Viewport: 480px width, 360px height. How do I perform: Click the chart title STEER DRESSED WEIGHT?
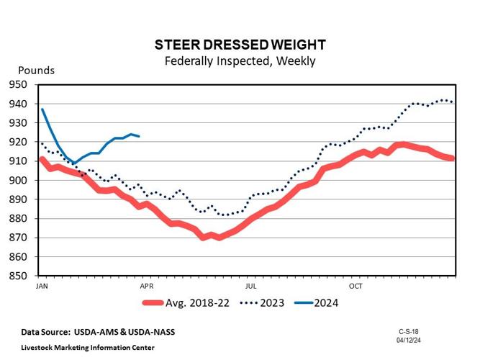[x=240, y=45]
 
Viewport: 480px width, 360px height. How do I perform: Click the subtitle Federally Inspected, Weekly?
[x=240, y=61]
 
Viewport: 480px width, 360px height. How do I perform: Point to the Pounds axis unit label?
[x=36, y=71]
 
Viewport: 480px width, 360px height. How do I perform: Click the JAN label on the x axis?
[x=42, y=286]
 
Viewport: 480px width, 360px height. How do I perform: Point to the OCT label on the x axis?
[x=356, y=286]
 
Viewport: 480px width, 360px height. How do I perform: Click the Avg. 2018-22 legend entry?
[x=188, y=303]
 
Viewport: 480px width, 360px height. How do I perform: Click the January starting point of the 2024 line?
[x=42, y=109]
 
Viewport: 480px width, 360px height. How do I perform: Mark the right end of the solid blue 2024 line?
[x=139, y=136]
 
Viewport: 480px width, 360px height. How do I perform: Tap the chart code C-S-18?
[x=409, y=331]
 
